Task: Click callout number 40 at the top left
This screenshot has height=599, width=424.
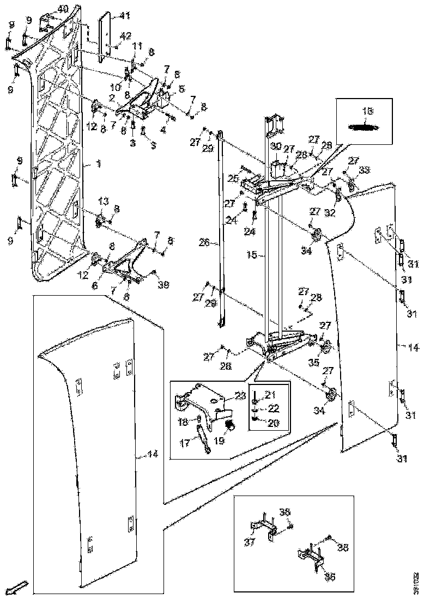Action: tap(63, 9)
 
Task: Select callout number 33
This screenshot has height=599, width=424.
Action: tap(365, 170)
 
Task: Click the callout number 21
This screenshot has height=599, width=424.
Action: tap(270, 394)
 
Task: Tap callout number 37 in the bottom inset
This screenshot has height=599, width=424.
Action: tap(250, 542)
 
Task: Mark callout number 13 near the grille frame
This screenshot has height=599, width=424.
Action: tap(104, 202)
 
